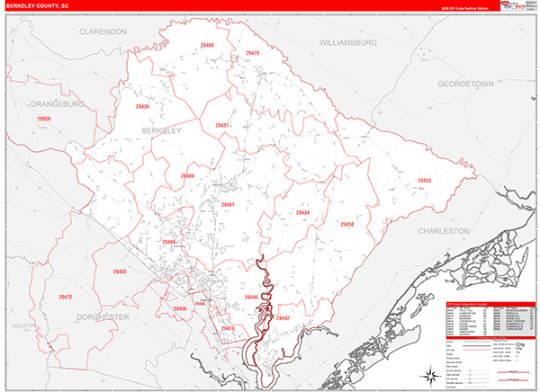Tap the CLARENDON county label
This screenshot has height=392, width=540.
pos(104,31)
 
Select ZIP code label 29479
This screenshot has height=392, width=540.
pos(252,54)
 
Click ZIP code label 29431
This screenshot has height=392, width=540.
pos(222,125)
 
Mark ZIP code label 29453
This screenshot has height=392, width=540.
pos(424,181)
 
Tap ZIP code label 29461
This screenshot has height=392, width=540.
pos(228,205)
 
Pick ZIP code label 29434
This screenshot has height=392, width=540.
pos(302,213)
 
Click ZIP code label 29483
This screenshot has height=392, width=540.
pos(120,272)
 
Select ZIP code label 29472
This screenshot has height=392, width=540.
pos(65,297)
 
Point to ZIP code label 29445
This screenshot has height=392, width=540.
pos(251,298)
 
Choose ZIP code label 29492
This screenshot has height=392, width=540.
pos(283,318)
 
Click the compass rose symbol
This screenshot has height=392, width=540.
pos(431,372)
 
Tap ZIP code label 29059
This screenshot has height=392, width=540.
pos(44,119)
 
